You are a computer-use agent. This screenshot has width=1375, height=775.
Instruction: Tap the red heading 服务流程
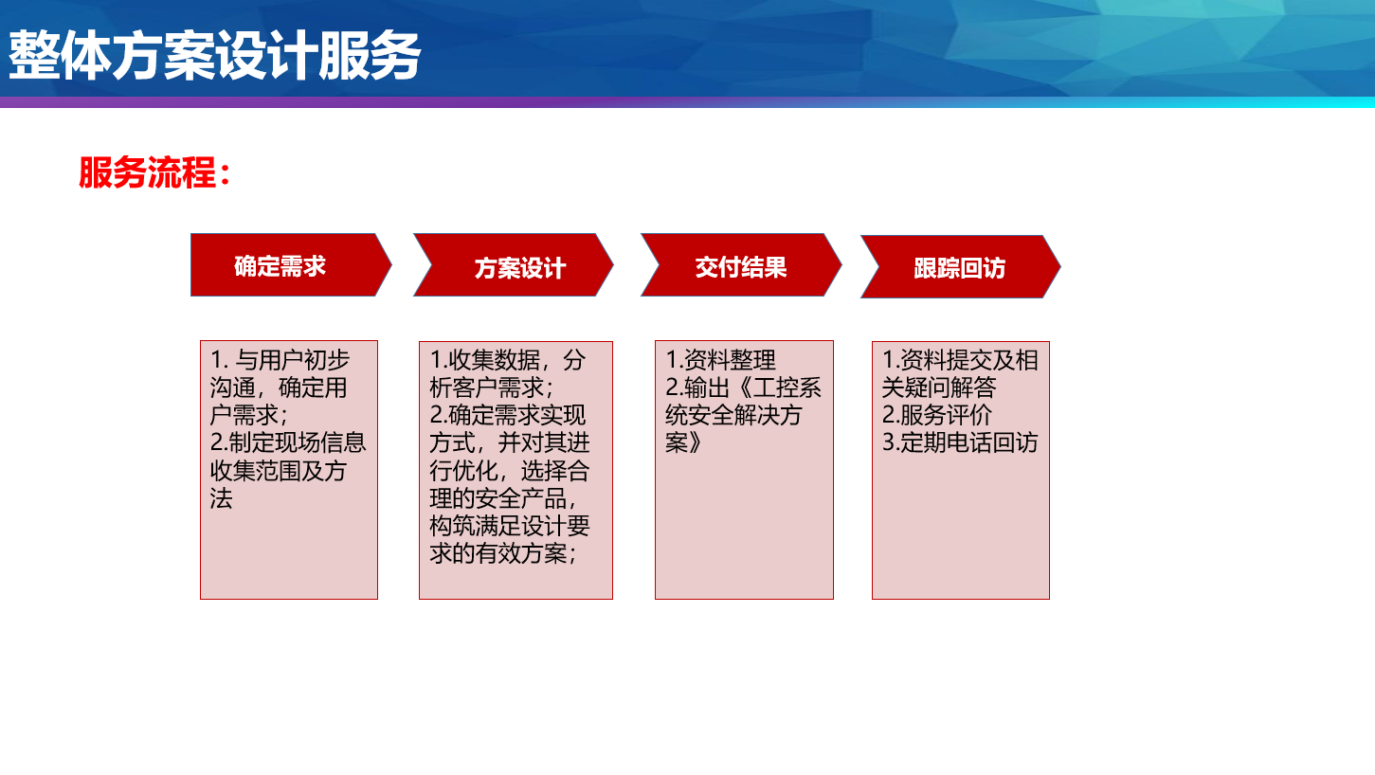[x=154, y=172]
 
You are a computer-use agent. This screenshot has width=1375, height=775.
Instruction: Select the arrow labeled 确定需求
[x=291, y=265]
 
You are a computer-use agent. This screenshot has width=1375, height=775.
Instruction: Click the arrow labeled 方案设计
[x=514, y=265]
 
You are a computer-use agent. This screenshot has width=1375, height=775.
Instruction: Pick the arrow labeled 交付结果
[x=741, y=265]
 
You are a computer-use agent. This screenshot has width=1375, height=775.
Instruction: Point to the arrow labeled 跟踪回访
[x=960, y=267]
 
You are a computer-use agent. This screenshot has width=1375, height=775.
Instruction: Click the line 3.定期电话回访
[x=959, y=442]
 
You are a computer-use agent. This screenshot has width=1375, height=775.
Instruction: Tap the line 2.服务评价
[x=936, y=415]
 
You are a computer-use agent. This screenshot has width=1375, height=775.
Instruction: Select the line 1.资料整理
[x=720, y=360]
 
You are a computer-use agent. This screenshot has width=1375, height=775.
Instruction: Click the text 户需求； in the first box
[x=248, y=415]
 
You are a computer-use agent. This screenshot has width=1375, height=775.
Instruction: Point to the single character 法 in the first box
[x=222, y=497]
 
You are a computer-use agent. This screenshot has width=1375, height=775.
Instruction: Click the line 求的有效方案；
[x=503, y=553]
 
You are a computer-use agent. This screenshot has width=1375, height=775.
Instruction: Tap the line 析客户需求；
[x=491, y=387]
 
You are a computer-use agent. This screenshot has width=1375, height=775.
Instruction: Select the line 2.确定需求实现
[x=508, y=415]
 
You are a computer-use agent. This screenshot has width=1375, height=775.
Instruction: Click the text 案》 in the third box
[x=683, y=442]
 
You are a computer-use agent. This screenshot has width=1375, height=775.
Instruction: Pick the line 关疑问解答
[x=939, y=387]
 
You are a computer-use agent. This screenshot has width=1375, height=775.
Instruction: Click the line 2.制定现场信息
[x=288, y=442]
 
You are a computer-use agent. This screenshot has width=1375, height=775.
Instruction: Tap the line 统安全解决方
[x=734, y=415]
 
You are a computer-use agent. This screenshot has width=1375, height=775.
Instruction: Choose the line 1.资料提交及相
[x=960, y=360]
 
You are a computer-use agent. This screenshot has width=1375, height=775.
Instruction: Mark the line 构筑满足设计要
[x=510, y=526]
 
